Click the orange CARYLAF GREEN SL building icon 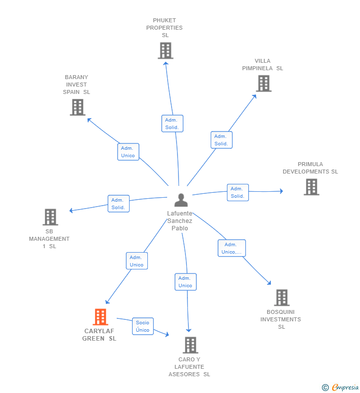[100, 317]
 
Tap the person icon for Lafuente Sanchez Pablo [181, 200]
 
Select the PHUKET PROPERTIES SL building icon [165, 50]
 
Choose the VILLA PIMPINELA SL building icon [264, 84]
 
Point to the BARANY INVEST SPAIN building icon [77, 107]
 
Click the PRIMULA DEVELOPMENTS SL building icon [311, 187]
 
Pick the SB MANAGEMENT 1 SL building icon [50, 217]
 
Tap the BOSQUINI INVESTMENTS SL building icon [281, 298]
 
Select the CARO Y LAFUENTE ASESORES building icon [190, 345]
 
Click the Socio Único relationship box [143, 326]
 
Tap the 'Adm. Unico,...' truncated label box [231, 248]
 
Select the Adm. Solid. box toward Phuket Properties [172, 124]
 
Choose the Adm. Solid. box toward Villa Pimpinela [221, 140]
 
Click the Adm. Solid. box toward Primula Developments [237, 192]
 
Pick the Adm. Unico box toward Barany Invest [128, 152]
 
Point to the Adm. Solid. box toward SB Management [118, 204]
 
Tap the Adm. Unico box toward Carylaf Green [136, 261]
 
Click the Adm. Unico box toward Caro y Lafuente [185, 282]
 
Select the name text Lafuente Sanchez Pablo [180, 221]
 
